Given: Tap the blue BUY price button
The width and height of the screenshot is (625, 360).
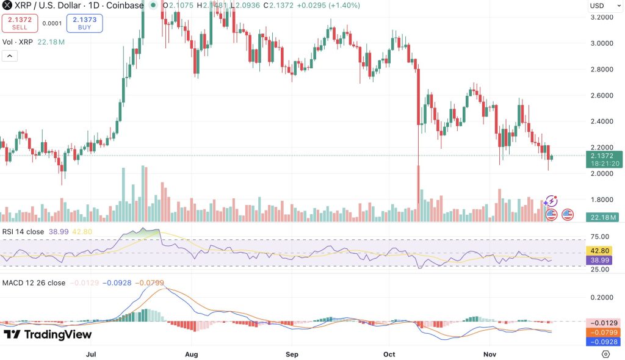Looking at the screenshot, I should [84, 23].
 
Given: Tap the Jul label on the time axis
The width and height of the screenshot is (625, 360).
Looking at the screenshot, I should [92, 354].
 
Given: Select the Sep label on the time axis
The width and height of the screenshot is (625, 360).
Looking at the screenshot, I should [292, 354].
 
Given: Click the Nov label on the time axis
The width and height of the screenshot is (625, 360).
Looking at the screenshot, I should [491, 354].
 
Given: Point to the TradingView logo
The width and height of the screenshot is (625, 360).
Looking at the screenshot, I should [48, 334].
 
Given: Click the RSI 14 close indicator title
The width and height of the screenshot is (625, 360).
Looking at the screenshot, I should [23, 232].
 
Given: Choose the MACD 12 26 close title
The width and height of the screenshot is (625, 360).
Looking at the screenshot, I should [34, 283].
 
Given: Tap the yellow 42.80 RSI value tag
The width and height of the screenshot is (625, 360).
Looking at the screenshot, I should [602, 250].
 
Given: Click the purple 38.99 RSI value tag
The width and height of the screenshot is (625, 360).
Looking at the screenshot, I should [602, 260].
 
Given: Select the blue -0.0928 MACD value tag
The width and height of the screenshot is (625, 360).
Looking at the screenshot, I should [602, 342].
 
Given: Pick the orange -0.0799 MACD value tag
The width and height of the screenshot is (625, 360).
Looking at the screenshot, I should [602, 333].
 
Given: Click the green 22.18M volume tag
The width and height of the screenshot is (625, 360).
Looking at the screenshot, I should [602, 217].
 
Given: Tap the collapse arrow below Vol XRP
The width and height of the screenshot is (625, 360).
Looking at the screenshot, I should [10, 56].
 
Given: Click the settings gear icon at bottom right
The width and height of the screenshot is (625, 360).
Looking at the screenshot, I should [605, 354].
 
